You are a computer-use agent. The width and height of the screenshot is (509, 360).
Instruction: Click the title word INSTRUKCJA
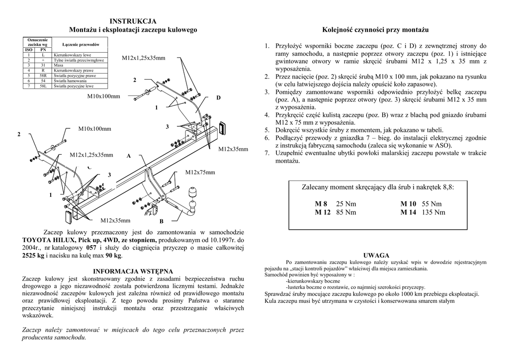(x=133, y=21)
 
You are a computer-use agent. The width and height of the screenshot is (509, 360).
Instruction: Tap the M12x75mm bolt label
(x=200, y=173)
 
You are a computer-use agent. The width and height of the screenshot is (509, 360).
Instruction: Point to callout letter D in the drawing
(x=218, y=98)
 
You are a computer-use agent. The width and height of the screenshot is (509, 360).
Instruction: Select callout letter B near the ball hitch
(x=162, y=221)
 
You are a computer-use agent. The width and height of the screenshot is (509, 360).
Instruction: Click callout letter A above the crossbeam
(x=128, y=156)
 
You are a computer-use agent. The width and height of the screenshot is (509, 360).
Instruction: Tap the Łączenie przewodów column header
(x=81, y=45)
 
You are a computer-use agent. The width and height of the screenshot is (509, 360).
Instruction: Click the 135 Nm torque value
(x=433, y=212)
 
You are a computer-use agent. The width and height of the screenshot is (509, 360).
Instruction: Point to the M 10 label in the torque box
(x=408, y=204)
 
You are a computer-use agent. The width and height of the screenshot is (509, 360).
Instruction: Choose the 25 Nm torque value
(x=346, y=204)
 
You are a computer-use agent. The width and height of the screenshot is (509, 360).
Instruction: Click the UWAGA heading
(x=376, y=255)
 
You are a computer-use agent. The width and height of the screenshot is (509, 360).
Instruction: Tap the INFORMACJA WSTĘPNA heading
(x=133, y=271)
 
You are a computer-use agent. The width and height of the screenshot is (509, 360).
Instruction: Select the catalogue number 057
(x=91, y=247)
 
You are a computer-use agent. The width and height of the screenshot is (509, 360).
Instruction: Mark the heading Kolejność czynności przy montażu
(x=375, y=30)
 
